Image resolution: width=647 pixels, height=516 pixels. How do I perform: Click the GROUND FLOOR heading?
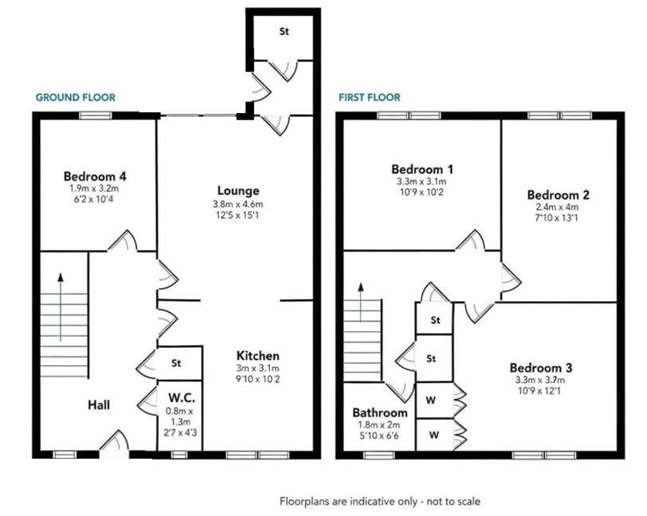tap(76, 97)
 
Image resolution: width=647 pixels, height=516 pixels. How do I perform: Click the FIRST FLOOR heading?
tap(369, 97)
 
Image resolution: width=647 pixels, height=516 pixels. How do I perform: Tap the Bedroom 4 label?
tap(95, 177)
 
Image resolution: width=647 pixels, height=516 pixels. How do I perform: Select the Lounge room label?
tap(238, 190)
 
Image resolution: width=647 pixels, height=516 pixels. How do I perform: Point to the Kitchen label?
tap(257, 356)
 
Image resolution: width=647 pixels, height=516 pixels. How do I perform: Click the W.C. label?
tap(182, 398)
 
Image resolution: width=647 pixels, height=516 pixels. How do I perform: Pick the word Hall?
tap(99, 405)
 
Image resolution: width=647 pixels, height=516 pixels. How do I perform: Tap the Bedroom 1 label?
tap(422, 169)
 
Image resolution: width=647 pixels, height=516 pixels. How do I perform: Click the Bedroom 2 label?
tap(558, 194)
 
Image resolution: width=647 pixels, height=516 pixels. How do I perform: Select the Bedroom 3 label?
tap(541, 368)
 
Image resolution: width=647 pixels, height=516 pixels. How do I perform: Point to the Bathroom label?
tap(380, 413)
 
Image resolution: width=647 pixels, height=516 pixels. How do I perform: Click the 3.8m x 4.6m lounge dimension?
tap(237, 204)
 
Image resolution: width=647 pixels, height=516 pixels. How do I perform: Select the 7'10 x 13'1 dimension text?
tap(557, 217)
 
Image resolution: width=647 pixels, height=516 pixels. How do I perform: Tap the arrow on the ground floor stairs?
tap(61, 307)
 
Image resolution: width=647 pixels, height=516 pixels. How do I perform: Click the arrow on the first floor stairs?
tap(361, 303)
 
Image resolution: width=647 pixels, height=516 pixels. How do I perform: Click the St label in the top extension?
tap(284, 31)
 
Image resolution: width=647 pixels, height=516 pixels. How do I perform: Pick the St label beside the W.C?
tap(176, 363)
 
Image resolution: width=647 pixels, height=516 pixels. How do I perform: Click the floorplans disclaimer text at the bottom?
tap(380, 502)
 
